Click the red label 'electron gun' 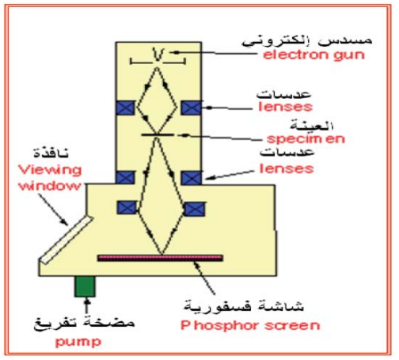[313, 55]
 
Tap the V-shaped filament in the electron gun [158, 55]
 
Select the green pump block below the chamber [85, 286]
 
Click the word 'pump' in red [78, 342]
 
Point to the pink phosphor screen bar [160, 258]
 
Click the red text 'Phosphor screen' [250, 326]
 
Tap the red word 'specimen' [306, 138]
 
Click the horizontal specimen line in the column [158, 135]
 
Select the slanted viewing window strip [66, 240]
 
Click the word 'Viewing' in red [50, 170]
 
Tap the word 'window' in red [50, 186]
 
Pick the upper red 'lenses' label [285, 107]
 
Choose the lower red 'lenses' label [287, 169]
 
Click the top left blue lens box [125, 108]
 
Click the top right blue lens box [192, 108]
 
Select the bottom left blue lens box [127, 207]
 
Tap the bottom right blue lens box [195, 209]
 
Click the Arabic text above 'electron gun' [307, 41]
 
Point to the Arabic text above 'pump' [84, 323]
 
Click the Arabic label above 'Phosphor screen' [244, 306]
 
